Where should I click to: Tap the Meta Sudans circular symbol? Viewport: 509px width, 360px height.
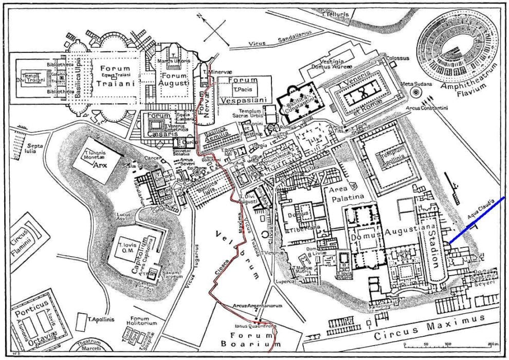coord(415,92)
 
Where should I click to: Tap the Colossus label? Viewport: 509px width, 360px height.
coord(397,58)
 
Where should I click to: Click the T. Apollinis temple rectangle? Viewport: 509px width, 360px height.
coord(81,322)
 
